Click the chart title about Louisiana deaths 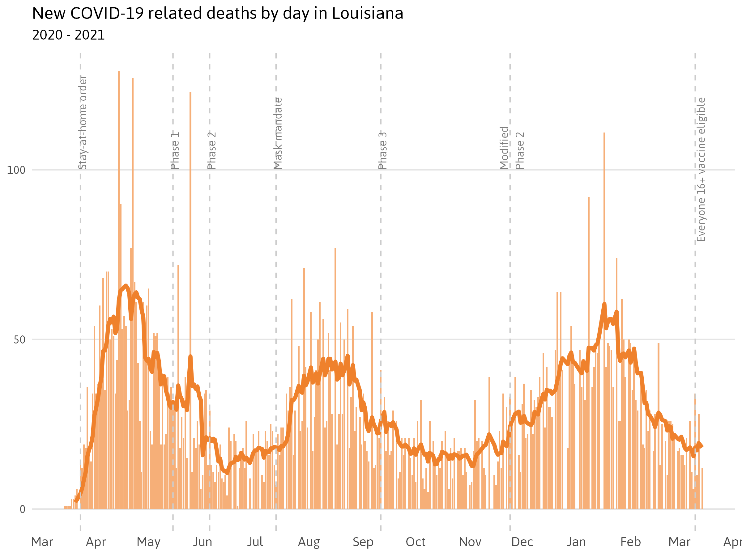217,14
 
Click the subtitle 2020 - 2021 68,35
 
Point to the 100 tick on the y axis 16,170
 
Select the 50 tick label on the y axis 19,340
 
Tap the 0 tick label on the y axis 23,510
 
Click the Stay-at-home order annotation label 83,123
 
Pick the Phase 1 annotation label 175,150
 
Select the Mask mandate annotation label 278,133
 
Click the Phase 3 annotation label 383,150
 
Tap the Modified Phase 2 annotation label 512,148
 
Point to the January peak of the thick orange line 604,304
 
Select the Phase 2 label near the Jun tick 212,150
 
